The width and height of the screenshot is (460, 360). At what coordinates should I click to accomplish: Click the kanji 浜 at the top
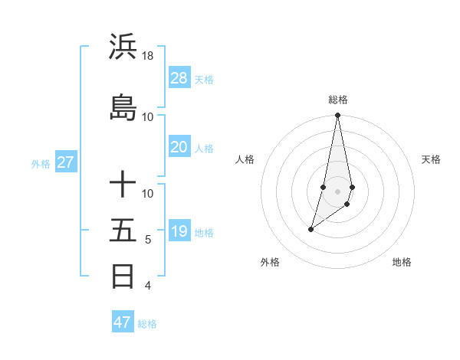[123, 47]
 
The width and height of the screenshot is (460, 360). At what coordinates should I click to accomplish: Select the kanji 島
[123, 106]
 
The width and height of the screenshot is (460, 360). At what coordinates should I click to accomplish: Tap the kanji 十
[123, 185]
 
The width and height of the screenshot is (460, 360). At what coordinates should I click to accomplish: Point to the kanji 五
[123, 230]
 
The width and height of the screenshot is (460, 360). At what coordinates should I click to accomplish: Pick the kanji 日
[123, 275]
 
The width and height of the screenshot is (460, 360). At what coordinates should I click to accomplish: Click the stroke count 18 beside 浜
[148, 56]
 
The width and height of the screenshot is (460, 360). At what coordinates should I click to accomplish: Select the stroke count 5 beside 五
[148, 240]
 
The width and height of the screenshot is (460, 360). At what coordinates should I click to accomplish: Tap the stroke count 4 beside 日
[148, 286]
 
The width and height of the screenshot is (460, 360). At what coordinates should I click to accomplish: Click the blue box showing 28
[179, 77]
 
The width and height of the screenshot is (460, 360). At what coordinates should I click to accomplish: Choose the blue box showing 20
[179, 147]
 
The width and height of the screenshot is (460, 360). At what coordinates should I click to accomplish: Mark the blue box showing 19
[179, 231]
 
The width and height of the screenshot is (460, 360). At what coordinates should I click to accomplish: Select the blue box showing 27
[65, 162]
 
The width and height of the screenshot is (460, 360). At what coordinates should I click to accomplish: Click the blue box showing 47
[123, 322]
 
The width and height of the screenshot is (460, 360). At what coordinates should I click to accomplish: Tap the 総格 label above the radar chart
[338, 100]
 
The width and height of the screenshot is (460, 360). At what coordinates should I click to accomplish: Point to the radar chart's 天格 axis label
[431, 159]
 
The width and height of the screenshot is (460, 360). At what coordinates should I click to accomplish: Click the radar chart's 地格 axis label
[402, 262]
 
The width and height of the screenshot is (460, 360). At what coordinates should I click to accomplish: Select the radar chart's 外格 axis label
[270, 262]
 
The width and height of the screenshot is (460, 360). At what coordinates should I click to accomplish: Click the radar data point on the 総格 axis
[337, 116]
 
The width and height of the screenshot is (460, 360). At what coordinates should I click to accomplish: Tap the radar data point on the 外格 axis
[310, 229]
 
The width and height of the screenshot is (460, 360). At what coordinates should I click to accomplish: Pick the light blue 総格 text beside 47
[147, 324]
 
